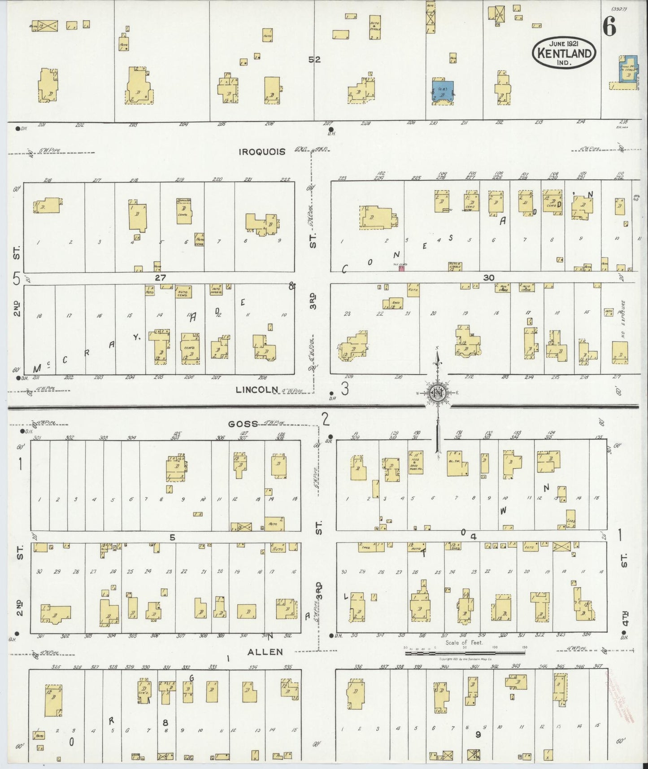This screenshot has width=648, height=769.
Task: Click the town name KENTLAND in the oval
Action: [x=564, y=53]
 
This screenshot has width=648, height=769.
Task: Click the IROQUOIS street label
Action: [x=262, y=152]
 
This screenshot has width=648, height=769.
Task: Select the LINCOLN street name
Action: [x=257, y=390]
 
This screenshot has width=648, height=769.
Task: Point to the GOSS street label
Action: [x=243, y=424]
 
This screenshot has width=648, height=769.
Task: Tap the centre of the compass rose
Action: [x=437, y=393]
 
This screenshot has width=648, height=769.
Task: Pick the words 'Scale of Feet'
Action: [x=464, y=642]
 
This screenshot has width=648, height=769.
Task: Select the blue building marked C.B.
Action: [x=442, y=91]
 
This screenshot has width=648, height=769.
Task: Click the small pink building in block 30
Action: [x=401, y=268]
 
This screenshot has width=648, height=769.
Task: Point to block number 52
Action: [x=314, y=59]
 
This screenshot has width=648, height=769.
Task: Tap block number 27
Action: [x=161, y=278]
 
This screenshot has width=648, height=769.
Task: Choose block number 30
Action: [x=489, y=278]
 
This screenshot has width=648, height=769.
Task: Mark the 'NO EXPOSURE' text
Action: [x=623, y=319]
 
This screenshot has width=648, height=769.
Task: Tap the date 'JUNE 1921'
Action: [x=564, y=44]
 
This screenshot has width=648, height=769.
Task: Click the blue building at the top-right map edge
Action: [x=628, y=70]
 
